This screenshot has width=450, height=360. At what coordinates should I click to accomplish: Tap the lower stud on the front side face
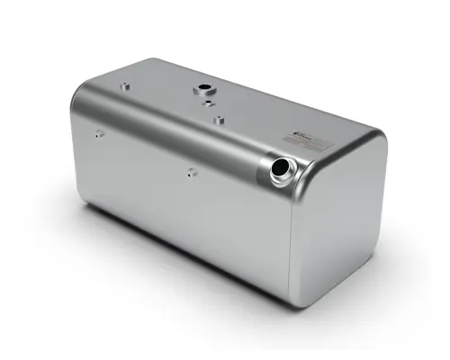coord(192,172)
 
